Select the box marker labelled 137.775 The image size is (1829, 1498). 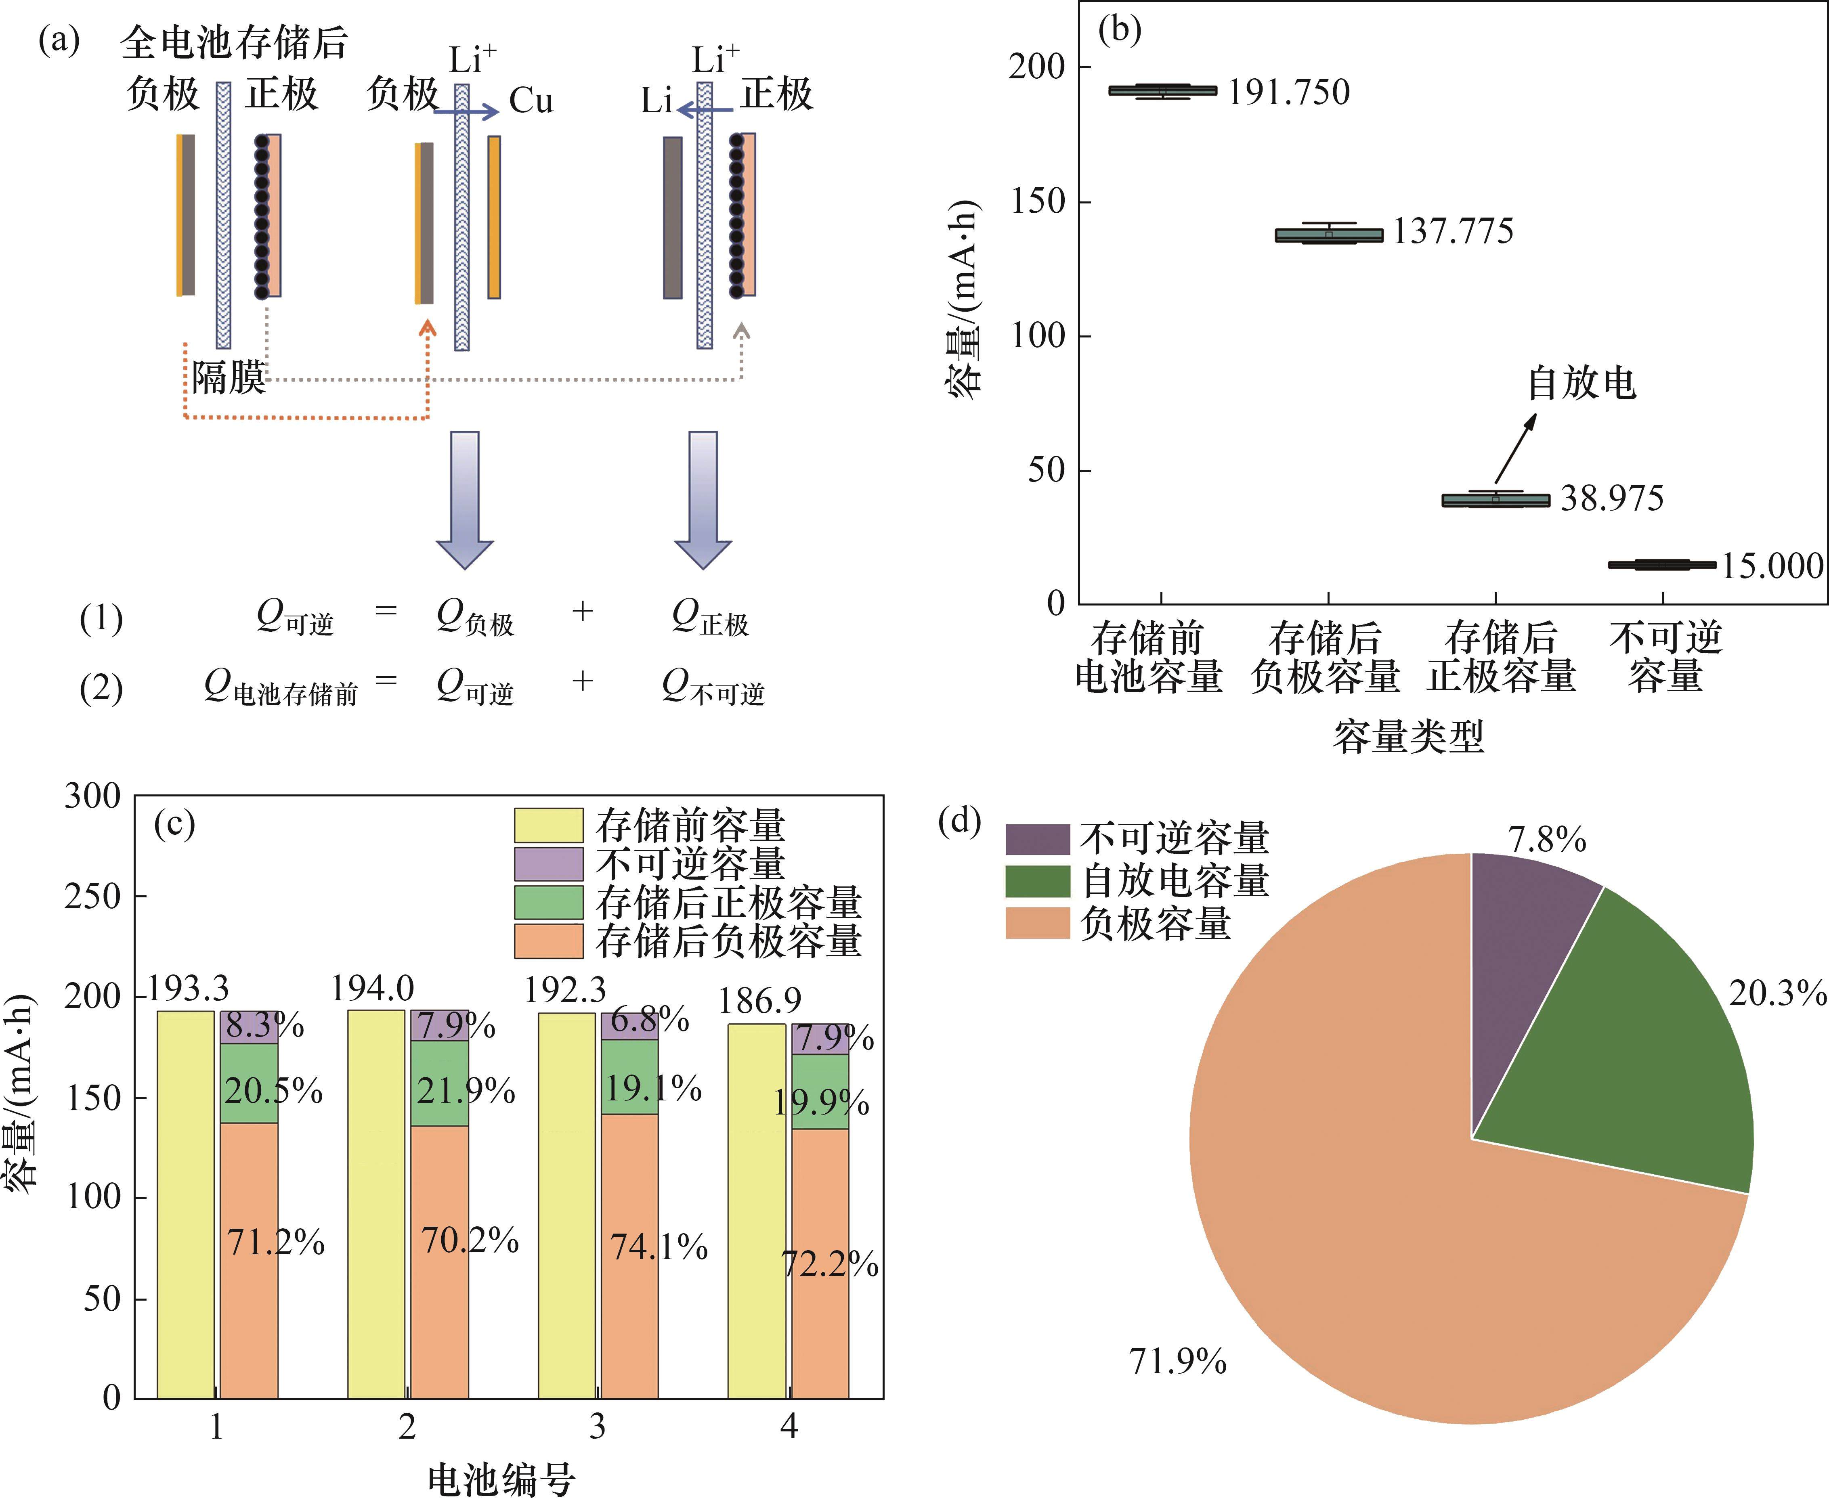[1328, 235]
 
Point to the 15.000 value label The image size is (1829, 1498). [1772, 566]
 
